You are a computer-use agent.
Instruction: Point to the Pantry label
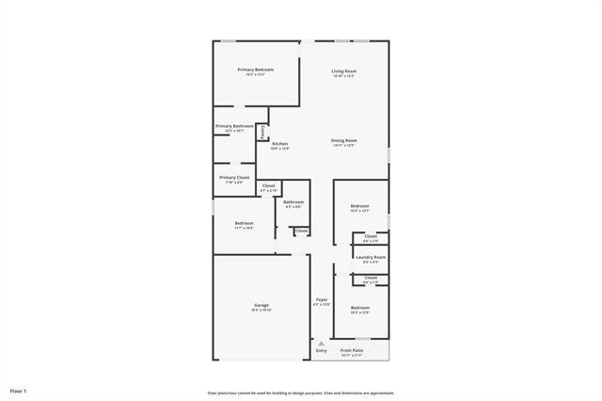(262, 132)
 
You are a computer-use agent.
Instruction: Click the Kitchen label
(280, 144)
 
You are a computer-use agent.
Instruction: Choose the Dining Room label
(343, 141)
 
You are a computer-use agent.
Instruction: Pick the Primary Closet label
(234, 177)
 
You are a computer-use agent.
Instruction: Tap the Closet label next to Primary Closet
(268, 185)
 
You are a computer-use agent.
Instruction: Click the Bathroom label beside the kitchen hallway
(293, 201)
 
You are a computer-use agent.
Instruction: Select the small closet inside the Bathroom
(302, 231)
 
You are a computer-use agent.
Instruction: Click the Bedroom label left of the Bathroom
(245, 223)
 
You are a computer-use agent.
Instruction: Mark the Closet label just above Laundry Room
(371, 236)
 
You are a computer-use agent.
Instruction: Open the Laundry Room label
(371, 257)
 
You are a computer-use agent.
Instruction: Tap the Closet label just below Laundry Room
(371, 278)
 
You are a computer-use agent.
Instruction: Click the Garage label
(261, 305)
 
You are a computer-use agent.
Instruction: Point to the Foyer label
(322, 300)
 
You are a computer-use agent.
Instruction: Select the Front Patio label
(352, 350)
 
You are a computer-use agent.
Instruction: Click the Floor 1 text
(19, 390)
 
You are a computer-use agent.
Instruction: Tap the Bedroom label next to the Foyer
(360, 308)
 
